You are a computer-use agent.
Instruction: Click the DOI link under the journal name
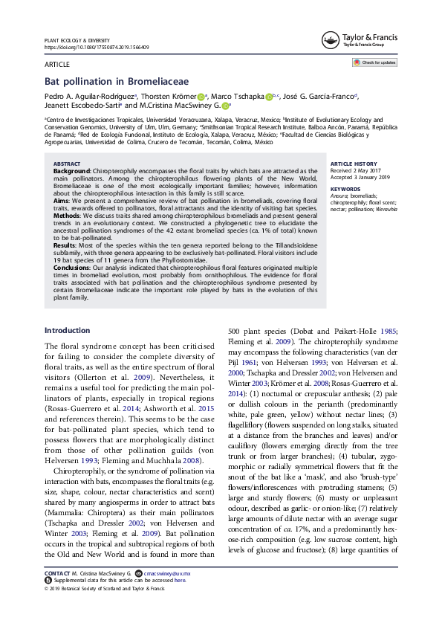coord(97,47)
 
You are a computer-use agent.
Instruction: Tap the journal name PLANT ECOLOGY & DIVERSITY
coord(77,40)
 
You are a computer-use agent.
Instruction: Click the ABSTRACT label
coord(68,164)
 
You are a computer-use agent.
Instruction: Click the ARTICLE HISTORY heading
coord(353,164)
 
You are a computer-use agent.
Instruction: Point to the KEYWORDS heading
coord(344,189)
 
